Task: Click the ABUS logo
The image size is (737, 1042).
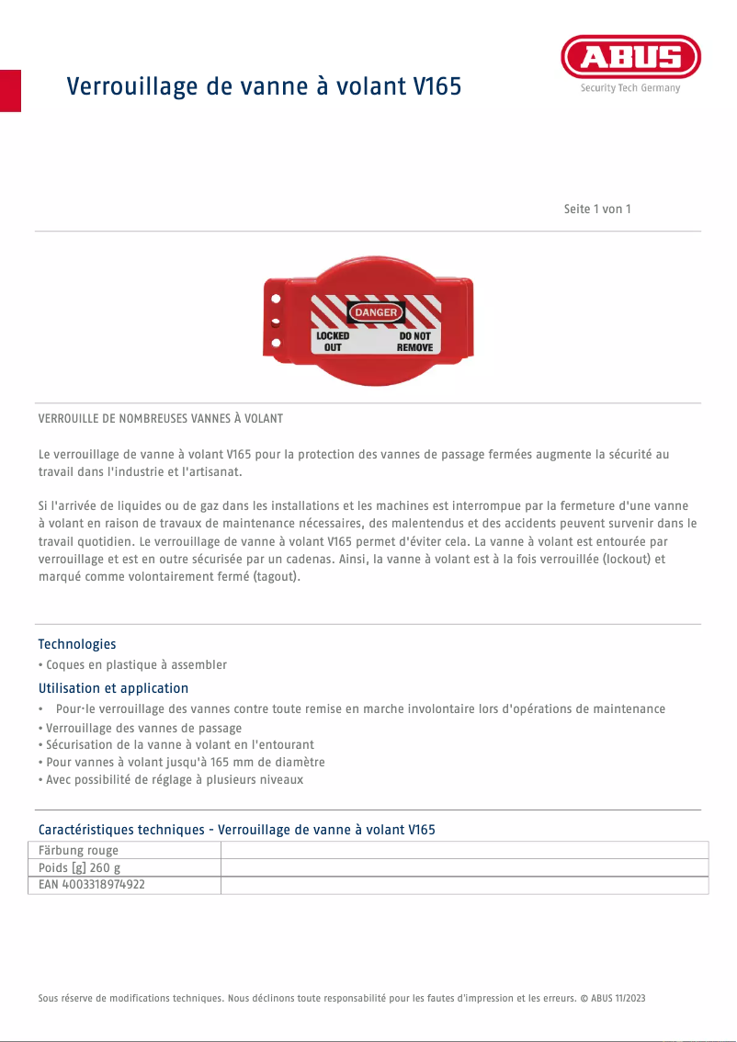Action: click(x=630, y=57)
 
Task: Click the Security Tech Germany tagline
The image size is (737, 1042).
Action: click(x=630, y=88)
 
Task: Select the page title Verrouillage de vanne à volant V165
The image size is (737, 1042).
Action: click(x=264, y=87)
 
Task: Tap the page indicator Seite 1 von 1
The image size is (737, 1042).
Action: click(x=597, y=209)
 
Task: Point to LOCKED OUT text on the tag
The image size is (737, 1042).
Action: click(x=333, y=342)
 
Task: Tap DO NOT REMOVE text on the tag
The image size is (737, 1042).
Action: click(x=414, y=342)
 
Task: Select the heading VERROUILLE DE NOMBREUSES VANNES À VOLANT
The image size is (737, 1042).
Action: click(x=161, y=418)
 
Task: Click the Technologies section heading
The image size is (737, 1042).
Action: click(x=77, y=644)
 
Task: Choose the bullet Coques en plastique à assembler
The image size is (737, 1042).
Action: click(x=133, y=664)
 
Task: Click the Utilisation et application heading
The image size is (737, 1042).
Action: click(x=113, y=688)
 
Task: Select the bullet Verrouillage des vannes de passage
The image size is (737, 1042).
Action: click(x=141, y=728)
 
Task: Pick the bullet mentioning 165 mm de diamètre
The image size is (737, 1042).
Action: click(x=182, y=763)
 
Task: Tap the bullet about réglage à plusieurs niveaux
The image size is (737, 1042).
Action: click(x=171, y=780)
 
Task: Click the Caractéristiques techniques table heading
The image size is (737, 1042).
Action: click(x=236, y=830)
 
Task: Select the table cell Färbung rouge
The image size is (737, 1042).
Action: click(x=79, y=850)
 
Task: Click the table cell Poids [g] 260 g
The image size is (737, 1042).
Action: click(x=80, y=867)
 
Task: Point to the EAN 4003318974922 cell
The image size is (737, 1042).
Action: click(x=92, y=885)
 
